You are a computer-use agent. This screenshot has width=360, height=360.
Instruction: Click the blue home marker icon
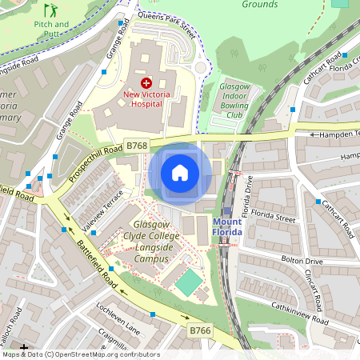(180, 173)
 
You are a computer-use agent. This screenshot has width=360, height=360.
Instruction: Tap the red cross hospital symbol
(146, 83)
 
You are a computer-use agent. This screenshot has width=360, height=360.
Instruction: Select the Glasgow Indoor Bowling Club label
(234, 101)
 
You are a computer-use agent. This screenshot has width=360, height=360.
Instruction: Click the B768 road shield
(136, 146)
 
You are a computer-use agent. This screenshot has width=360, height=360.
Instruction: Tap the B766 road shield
(199, 330)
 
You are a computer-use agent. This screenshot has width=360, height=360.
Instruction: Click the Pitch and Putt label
(51, 30)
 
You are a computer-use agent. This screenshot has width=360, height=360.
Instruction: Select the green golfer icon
(51, 11)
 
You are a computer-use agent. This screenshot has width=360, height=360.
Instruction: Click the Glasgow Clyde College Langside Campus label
(150, 242)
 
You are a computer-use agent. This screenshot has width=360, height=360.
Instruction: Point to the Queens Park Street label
(166, 25)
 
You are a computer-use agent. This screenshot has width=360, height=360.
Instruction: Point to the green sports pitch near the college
(189, 282)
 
